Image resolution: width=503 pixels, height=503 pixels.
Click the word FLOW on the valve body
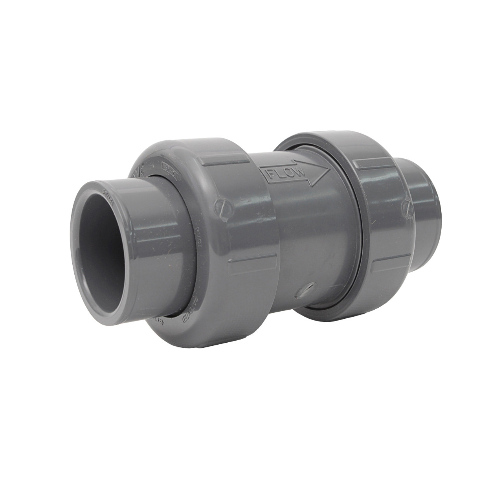286,173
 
